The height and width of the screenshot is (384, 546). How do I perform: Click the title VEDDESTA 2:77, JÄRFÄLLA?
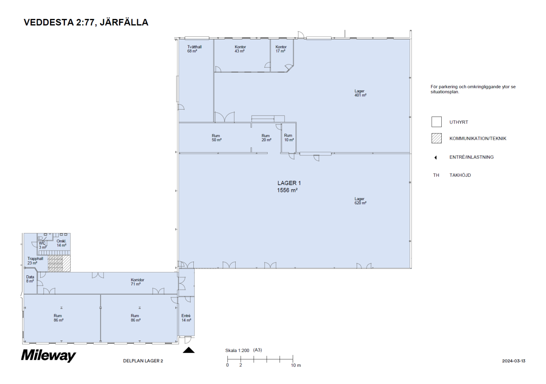86,23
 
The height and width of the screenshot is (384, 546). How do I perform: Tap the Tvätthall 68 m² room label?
194,49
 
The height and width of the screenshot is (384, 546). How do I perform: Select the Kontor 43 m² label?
240,49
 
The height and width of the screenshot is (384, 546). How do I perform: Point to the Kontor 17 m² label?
281,49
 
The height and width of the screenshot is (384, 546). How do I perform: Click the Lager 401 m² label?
360,93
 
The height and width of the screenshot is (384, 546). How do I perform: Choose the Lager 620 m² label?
360,201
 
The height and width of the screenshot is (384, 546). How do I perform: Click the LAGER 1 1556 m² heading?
289,187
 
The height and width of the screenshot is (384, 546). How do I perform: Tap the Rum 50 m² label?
216,138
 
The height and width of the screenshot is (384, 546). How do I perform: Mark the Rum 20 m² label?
266,138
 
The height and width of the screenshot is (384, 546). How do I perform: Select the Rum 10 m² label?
289,138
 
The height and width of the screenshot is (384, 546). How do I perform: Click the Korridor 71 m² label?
137,282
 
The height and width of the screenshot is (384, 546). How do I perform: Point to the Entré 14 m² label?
186,318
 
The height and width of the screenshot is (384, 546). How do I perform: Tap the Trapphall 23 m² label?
35,261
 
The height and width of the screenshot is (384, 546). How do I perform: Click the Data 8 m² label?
30,279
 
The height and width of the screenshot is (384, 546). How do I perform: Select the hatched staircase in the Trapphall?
59,263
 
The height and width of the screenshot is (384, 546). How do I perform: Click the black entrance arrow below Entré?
188,350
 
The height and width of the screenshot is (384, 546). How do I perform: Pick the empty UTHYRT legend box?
436,122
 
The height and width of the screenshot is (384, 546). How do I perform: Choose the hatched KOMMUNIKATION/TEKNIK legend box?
436,138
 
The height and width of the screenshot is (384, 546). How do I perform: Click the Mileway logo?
48,355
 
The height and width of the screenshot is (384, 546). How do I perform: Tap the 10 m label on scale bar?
296,365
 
